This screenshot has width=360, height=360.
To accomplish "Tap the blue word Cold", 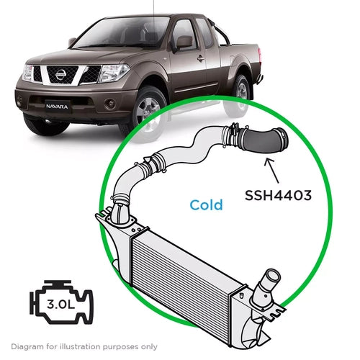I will click(207, 204).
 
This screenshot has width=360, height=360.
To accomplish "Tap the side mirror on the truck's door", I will click(184, 42).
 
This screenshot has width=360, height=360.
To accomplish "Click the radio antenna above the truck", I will click(153, 7).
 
